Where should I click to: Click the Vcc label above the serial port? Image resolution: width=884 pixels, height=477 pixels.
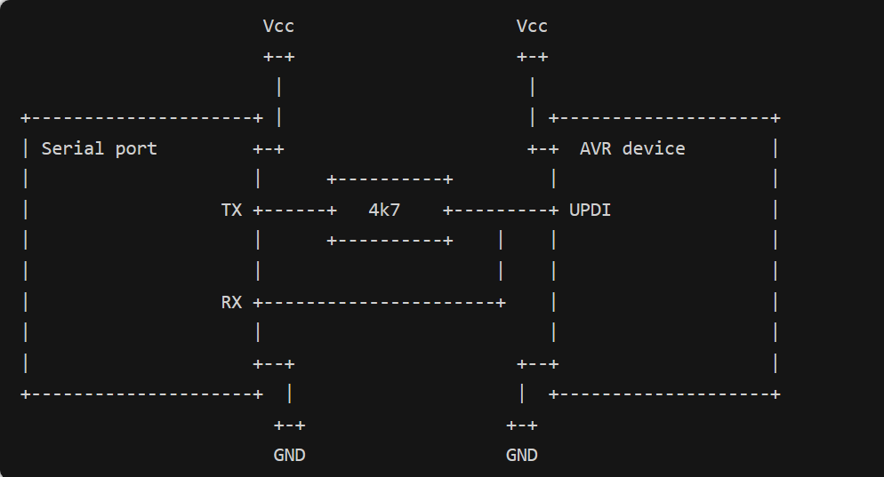coord(278,27)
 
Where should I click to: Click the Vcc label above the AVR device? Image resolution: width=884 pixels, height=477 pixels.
coord(532,27)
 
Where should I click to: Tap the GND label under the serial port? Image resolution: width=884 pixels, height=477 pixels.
coord(289,455)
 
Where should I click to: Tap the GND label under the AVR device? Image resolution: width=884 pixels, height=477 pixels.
coord(521,455)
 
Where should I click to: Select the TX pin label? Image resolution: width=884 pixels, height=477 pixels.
coord(231,210)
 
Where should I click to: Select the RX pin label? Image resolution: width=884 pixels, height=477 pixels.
coord(231,302)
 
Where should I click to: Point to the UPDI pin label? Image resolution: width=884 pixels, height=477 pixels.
coord(590,210)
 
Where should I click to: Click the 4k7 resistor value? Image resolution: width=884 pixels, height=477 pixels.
coord(384,210)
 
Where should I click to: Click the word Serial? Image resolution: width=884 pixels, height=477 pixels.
coord(73,148)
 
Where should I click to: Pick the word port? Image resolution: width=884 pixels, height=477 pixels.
coord(136,149)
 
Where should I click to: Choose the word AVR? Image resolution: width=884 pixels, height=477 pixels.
coord(595,148)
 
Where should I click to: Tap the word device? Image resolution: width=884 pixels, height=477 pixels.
coord(654,148)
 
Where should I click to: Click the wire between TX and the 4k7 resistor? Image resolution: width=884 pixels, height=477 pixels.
coord(295,211)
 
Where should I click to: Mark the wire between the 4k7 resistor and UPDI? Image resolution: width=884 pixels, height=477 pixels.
coord(501,211)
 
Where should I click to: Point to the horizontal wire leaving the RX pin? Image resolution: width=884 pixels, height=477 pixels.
coord(379,303)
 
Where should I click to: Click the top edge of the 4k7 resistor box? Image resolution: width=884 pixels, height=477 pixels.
coord(390,179)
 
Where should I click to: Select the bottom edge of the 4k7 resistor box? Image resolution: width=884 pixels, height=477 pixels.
coord(390,241)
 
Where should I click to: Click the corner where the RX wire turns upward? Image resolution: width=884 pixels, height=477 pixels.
coord(501,303)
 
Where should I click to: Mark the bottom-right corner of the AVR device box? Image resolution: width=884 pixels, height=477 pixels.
coord(776,394)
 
